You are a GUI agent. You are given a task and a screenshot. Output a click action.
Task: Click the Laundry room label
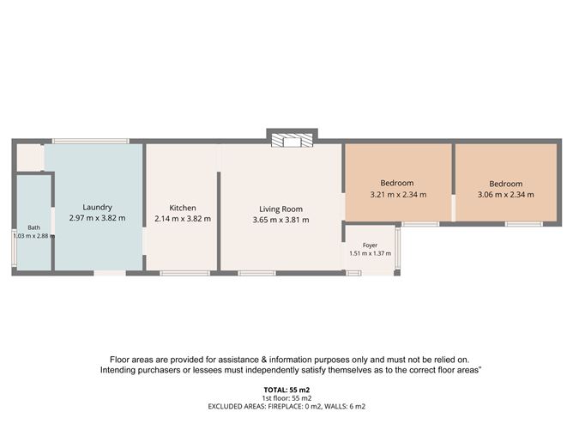point(97,208)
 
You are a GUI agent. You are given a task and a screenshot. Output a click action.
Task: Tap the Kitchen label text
point(183,208)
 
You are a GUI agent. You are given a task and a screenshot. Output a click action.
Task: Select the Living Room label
point(281,209)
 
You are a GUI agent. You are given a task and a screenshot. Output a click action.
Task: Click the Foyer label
point(370,245)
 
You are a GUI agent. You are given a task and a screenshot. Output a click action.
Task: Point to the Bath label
point(34,227)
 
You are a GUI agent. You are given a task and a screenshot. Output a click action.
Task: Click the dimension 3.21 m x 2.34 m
point(398,195)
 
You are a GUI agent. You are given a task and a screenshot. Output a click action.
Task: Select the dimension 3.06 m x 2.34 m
point(506,195)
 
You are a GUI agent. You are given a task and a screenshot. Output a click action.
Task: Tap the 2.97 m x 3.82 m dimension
point(97,218)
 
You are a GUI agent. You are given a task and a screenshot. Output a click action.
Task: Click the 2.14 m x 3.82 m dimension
point(183,219)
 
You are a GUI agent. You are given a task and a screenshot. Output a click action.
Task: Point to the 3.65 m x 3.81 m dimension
point(281,220)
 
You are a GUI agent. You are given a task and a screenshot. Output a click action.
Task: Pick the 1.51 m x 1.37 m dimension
point(371,253)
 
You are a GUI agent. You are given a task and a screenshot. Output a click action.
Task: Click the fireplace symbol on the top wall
point(292,141)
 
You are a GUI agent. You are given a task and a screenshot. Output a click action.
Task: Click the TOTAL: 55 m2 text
point(286,390)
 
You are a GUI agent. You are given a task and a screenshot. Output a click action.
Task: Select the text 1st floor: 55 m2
point(286,398)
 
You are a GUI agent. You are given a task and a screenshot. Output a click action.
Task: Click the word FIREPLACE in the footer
point(285,406)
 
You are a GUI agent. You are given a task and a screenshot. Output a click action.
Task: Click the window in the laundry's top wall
point(90,141)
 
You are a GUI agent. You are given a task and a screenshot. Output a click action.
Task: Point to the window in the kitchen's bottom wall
point(185,273)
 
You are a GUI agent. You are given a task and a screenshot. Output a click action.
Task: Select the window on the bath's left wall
point(14,247)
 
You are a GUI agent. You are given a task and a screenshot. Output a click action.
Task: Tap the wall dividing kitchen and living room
point(219,221)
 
